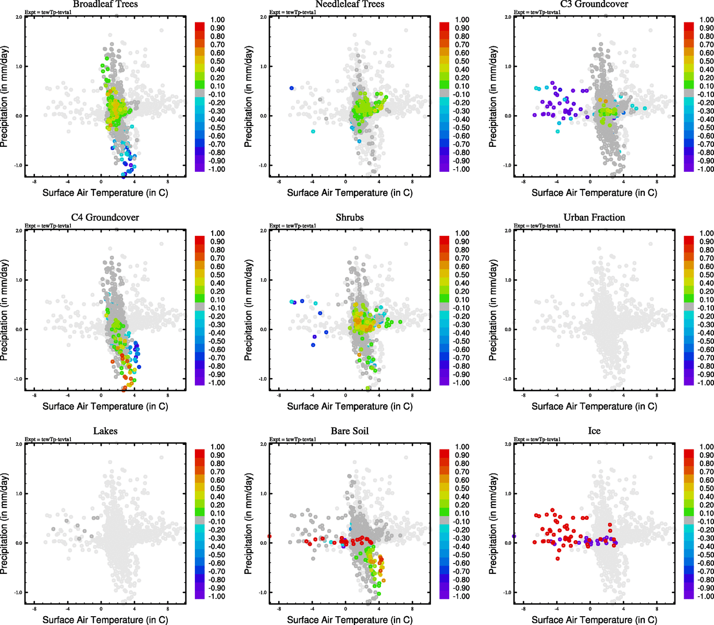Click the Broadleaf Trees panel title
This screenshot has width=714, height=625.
tap(105, 4)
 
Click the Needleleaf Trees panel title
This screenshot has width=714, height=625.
tap(350, 4)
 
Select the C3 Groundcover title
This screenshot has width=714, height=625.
tap(594, 4)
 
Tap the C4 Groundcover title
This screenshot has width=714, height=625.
tap(105, 217)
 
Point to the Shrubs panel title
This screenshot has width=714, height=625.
tap(350, 217)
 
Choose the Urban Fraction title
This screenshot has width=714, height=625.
tap(594, 217)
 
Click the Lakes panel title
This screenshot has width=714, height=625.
tap(105, 431)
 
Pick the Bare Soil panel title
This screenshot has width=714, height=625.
tap(350, 431)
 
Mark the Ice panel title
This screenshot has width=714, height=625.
tap(594, 431)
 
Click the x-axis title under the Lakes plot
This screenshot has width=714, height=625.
tap(105, 619)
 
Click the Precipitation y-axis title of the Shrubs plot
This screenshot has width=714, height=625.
tap(248, 310)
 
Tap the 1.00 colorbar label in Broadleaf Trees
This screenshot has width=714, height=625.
tap(217, 20)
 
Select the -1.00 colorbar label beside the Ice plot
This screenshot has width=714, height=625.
tap(706, 596)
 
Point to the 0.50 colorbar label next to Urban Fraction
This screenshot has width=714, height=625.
tap(707, 274)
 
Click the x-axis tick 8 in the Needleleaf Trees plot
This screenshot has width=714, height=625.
tap(412, 182)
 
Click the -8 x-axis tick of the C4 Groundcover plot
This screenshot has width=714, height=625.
tap(34, 396)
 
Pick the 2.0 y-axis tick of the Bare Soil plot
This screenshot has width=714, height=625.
tap(263, 444)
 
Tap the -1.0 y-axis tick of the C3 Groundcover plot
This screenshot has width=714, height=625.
tap(508, 166)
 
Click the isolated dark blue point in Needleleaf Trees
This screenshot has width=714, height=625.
tap(291, 88)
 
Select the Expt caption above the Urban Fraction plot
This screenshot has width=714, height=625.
tap(537, 226)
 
